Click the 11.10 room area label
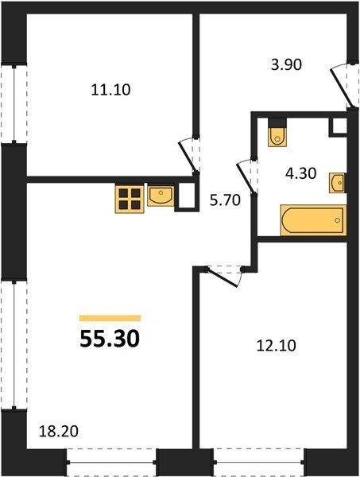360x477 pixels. [x=110, y=90]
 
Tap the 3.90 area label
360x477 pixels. [x=286, y=65]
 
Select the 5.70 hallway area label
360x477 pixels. [x=226, y=200]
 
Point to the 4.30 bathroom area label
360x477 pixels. [x=301, y=173]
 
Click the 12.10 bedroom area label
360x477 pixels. [x=277, y=346]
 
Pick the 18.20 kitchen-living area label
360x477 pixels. [x=59, y=432]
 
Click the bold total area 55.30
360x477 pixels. [x=110, y=339]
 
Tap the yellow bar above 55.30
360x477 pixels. [x=110, y=318]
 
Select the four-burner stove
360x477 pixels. [x=130, y=199]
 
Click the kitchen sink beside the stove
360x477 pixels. [x=161, y=196]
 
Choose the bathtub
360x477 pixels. [x=314, y=220]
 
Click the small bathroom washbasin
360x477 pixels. [x=337, y=183]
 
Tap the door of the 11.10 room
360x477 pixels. [x=188, y=155]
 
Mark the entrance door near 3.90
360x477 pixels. [x=343, y=86]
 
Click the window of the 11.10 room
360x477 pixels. [x=14, y=103]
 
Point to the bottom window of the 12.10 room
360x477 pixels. [x=259, y=463]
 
